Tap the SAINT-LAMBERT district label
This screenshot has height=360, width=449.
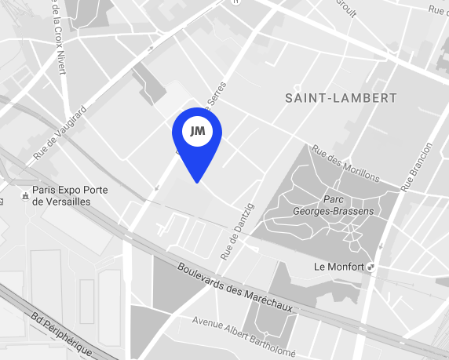pyautogui.click(x=341, y=98)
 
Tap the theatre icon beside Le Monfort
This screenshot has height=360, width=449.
pyautogui.click(x=371, y=267)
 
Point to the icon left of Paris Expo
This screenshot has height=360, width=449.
pyautogui.click(x=25, y=190)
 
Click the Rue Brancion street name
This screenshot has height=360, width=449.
pyautogui.click(x=415, y=167)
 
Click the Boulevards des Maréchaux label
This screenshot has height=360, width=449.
pyautogui.click(x=235, y=287)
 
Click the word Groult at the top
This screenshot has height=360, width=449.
pyautogui.click(x=346, y=5)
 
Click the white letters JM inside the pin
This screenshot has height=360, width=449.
pyautogui.click(x=197, y=131)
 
